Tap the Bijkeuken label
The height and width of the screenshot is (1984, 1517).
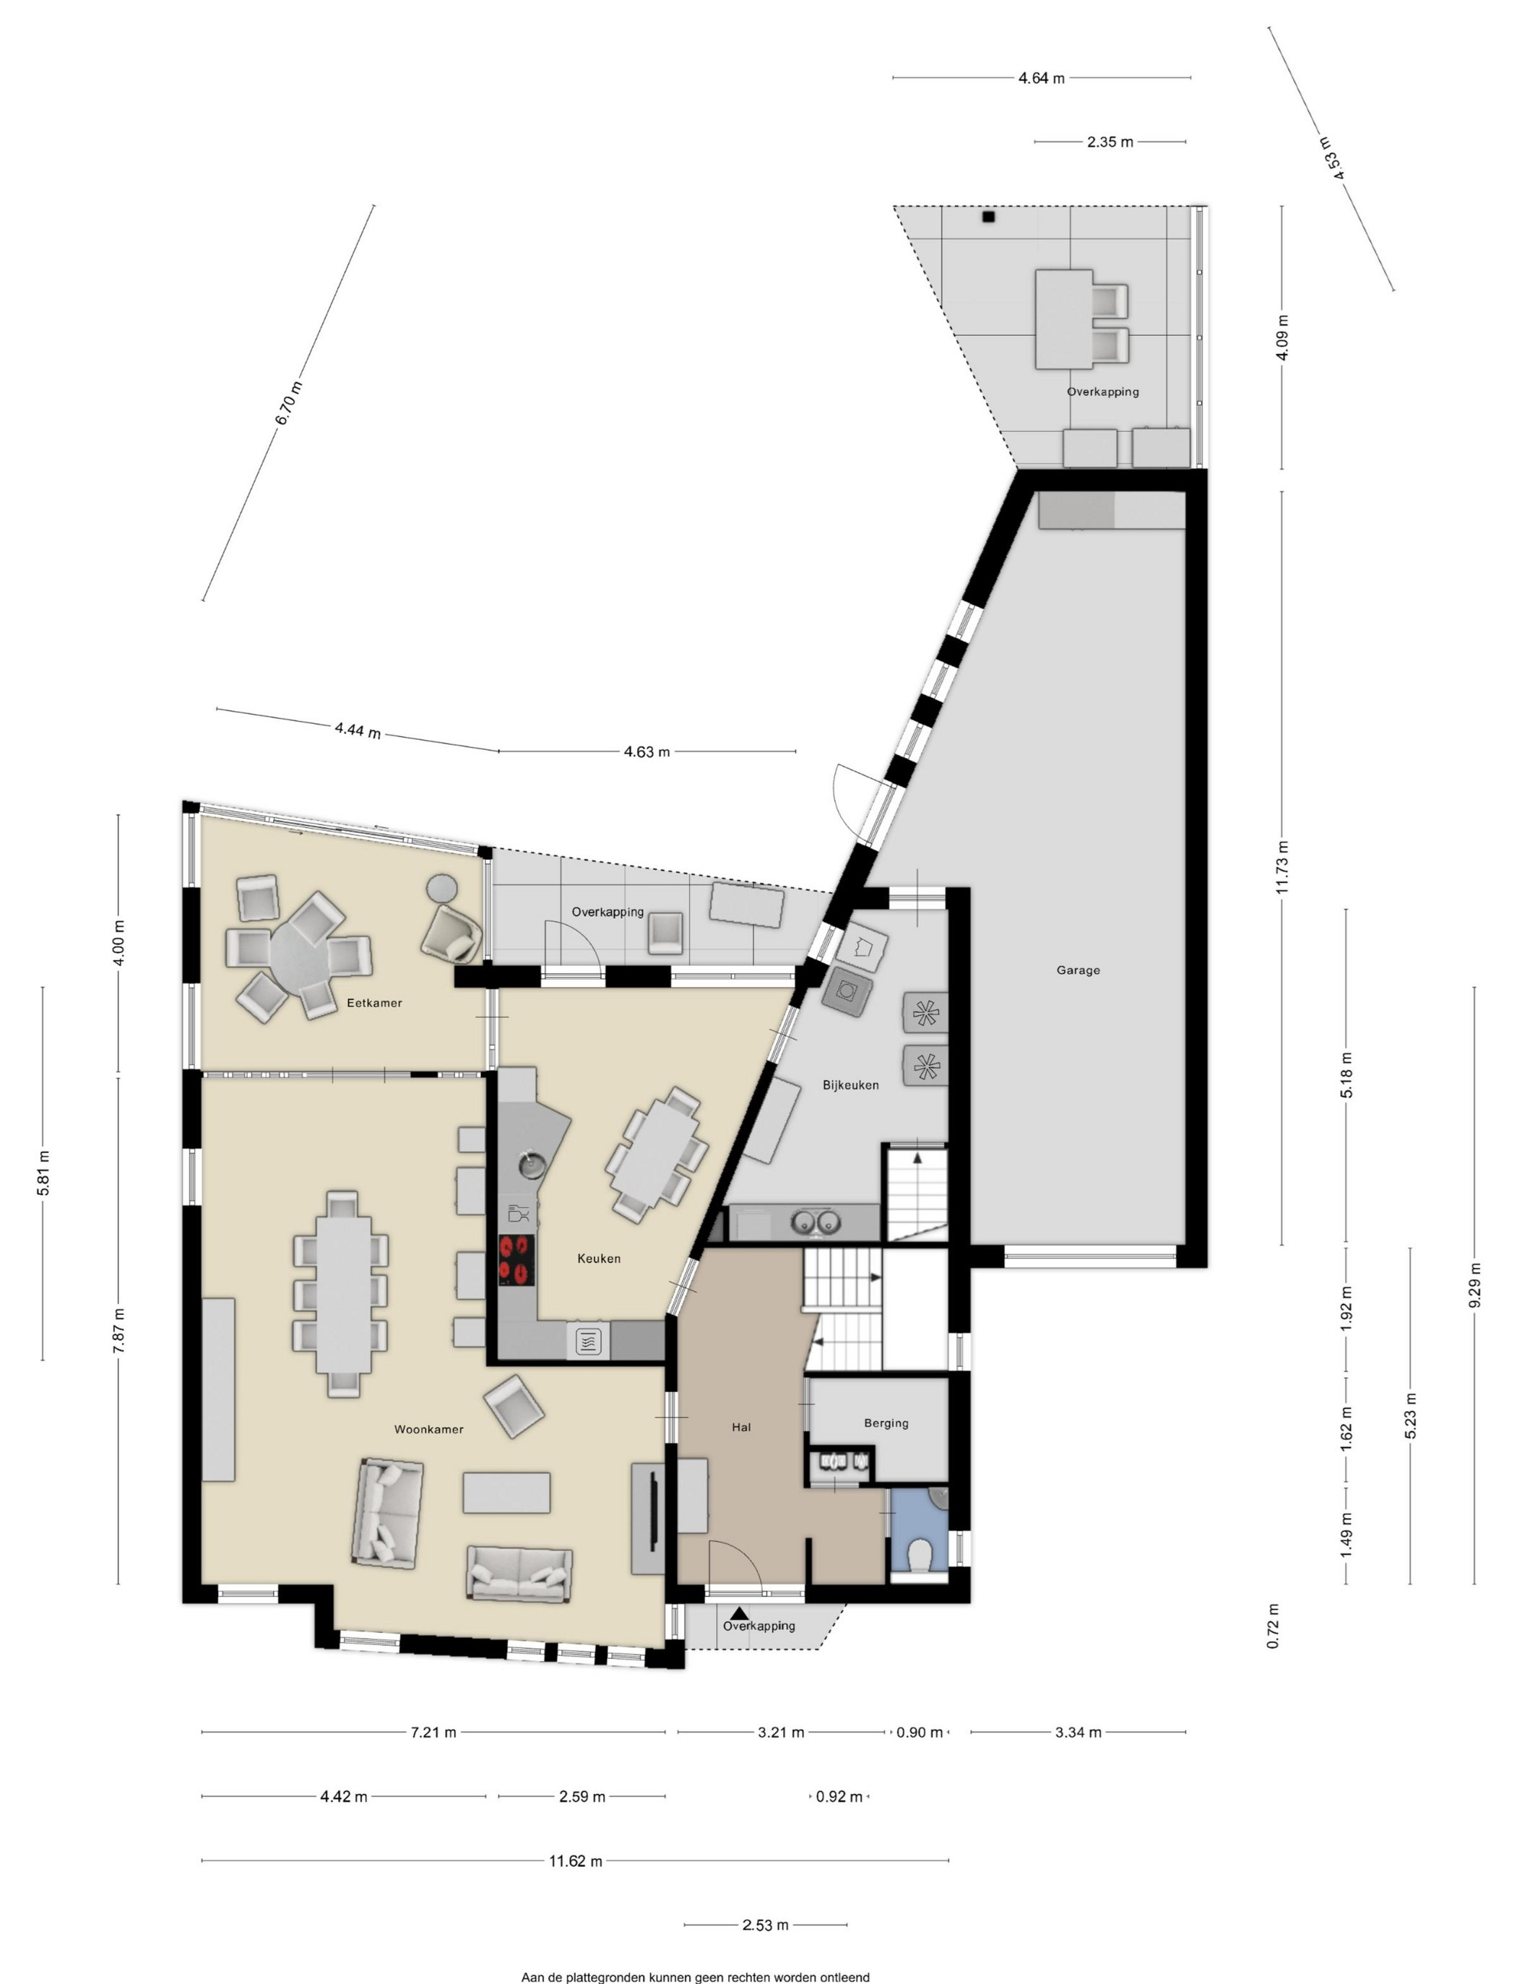pos(851,1084)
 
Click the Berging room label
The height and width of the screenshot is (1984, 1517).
pos(886,1423)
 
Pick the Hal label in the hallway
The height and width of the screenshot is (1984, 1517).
pos(741,1427)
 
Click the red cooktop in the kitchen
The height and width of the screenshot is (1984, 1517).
pos(517,1260)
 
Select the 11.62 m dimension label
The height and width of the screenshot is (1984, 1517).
pos(575,1860)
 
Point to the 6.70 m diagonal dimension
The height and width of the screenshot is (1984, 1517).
pos(289,404)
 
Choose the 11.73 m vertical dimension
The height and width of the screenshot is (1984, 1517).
pos(1282,867)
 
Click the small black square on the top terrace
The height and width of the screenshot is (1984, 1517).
pos(989,217)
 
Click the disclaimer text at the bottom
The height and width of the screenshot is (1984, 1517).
pos(695,1976)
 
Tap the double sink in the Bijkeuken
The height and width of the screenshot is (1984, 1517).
pos(816,1222)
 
